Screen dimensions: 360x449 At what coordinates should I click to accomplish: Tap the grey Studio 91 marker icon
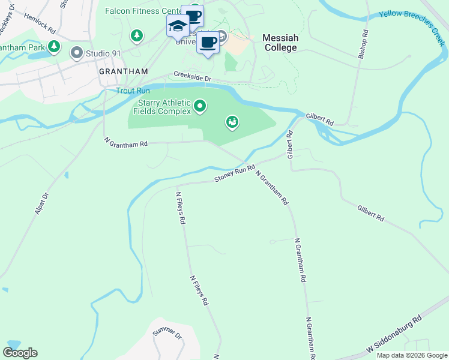coord(76,53)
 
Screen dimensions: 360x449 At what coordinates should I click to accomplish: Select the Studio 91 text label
coord(103,53)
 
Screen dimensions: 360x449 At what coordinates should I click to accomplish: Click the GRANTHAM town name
coord(123,71)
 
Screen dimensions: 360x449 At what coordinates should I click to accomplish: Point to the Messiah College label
coord(280,43)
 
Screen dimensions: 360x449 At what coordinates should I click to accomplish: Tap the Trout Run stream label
coord(133,91)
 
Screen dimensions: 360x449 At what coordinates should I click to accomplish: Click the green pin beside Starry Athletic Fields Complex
coord(200,107)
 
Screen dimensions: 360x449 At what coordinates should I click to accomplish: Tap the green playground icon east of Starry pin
coord(232,123)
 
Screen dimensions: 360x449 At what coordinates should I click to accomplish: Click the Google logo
coord(20,352)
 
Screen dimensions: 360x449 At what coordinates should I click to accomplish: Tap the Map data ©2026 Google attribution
coord(412,355)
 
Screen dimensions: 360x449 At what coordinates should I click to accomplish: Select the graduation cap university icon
coord(178,26)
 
